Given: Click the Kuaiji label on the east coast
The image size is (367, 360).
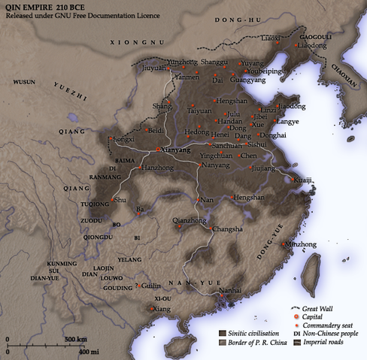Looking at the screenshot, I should coord(302,180).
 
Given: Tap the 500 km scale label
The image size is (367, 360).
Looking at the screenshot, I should coord(74,340).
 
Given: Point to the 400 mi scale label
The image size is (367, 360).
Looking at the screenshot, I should coord(89,352).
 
